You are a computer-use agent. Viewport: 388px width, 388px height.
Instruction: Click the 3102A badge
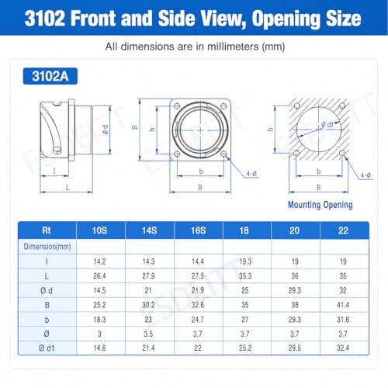tap(50, 76)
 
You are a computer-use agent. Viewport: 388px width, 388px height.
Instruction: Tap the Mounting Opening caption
tap(320, 205)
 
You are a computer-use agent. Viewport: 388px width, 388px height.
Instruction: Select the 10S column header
tap(99, 230)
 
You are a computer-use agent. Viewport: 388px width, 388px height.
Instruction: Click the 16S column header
tap(198, 230)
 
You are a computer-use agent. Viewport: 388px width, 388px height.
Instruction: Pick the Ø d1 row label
tap(47, 348)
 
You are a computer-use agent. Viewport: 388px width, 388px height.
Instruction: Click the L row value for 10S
tap(99, 276)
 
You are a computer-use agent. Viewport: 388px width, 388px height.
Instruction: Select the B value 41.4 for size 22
tap(343, 305)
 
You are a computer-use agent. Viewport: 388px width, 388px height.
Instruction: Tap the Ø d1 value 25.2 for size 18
tap(245, 348)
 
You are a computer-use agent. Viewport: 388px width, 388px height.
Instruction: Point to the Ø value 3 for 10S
tap(99, 334)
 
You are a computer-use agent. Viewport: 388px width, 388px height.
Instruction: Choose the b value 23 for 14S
tap(148, 320)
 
